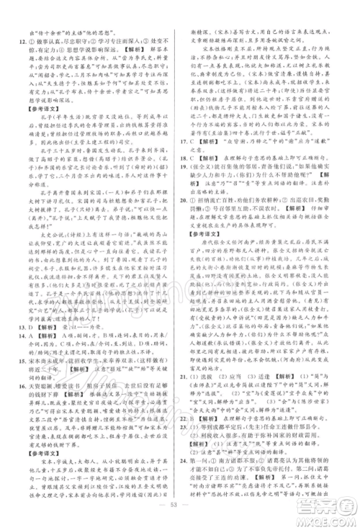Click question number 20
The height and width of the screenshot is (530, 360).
(187, 241)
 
